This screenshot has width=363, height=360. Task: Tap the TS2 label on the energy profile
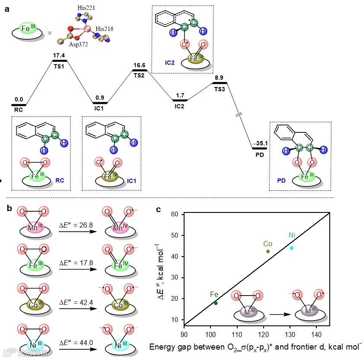point(139,75)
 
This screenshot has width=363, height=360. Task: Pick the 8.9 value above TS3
point(219,77)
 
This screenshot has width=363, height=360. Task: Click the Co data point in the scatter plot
point(268,251)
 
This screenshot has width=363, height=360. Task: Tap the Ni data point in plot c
point(292,248)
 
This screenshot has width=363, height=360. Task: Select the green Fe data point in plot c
point(216,303)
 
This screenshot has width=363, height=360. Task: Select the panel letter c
point(159,209)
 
